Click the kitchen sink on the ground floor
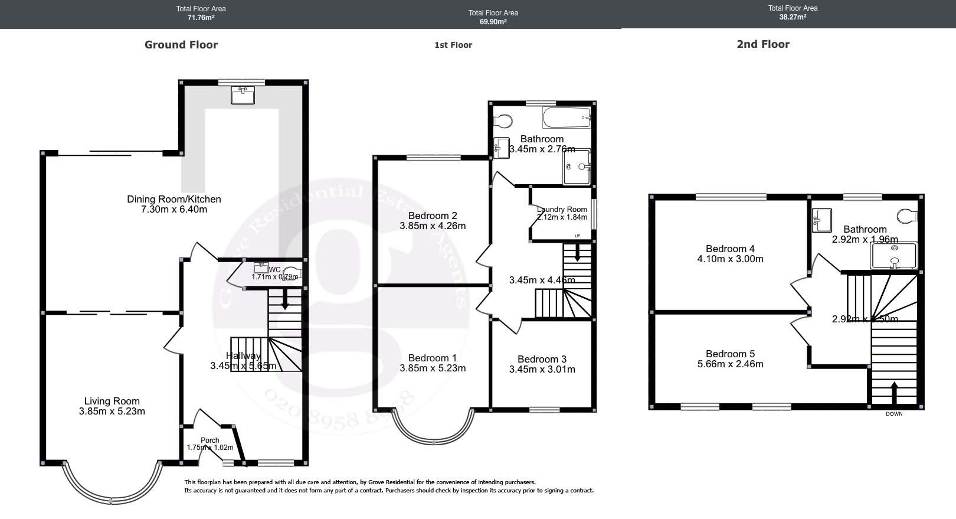point(243,95)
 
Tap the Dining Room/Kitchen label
point(174,199)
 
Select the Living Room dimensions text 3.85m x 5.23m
point(112,411)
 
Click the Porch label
point(210,440)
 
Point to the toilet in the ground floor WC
point(294,273)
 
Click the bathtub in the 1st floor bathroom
point(567,118)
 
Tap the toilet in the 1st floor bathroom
point(503,121)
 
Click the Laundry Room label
point(562,209)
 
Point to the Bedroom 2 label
point(433,216)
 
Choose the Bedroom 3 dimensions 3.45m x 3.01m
point(542,369)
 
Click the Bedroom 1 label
point(433,358)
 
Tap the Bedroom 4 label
point(730,249)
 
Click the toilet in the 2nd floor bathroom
point(908,216)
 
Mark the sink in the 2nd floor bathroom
point(821,220)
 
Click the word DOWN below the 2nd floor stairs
point(894,414)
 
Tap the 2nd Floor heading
point(762,44)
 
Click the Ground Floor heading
point(181,45)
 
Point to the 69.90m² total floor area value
point(493,22)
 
